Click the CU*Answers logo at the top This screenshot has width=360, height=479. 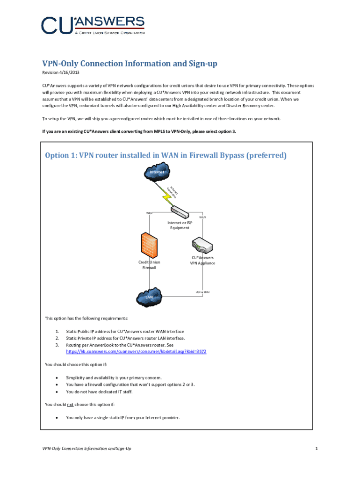[x=93, y=25]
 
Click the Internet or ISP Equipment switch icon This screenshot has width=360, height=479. [x=180, y=213]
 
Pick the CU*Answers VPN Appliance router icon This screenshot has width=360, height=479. [x=202, y=245]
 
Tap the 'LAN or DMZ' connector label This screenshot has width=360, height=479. [x=202, y=292]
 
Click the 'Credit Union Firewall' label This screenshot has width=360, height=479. [x=149, y=265]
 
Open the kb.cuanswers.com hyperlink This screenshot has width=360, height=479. [x=136, y=351]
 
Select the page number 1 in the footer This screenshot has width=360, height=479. [x=317, y=449]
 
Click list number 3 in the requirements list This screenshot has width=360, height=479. [x=57, y=345]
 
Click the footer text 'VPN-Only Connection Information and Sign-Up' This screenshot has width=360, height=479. [x=86, y=449]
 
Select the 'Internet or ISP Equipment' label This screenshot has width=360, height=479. [x=180, y=225]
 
